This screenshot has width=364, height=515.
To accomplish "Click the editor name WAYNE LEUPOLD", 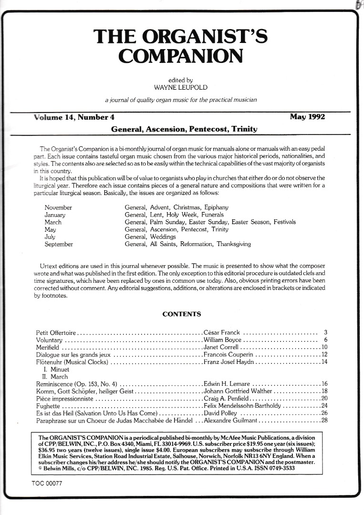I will click(x=181, y=88).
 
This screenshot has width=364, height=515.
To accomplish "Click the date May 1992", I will click(x=307, y=117).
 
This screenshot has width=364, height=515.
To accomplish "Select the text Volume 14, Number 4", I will click(x=74, y=117).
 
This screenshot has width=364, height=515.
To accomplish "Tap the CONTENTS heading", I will click(x=182, y=314).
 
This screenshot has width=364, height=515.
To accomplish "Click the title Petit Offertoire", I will click(x=56, y=332).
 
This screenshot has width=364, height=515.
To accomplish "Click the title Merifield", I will click(x=48, y=347).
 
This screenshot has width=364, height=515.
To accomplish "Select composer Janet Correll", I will click(x=221, y=347).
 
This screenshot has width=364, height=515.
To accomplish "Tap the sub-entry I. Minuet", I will click(x=56, y=369).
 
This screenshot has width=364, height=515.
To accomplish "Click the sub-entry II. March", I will click(x=55, y=376).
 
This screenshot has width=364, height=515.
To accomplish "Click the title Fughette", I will click(x=49, y=406).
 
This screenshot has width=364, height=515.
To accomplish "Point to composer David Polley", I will click(x=220, y=413).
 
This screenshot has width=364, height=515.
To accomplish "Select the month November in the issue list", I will click(x=58, y=208).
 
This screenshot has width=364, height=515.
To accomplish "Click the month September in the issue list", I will click(x=59, y=244).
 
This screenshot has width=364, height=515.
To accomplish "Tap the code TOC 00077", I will click(x=44, y=484).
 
